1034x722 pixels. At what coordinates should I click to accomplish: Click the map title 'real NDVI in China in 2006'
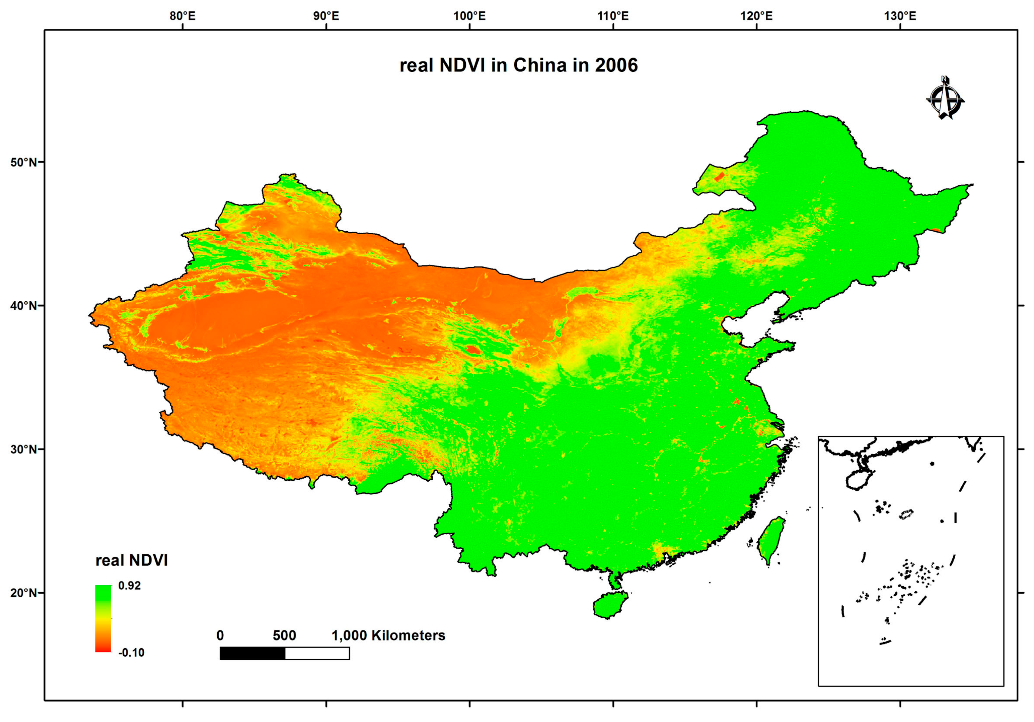pyautogui.click(x=518, y=65)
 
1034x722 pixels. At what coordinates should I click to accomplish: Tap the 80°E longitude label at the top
pyautogui.click(x=182, y=16)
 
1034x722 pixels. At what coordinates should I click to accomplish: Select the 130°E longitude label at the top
pyautogui.click(x=900, y=16)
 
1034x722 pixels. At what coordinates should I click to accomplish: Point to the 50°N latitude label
pyautogui.click(x=24, y=162)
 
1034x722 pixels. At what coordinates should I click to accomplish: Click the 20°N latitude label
pyautogui.click(x=24, y=593)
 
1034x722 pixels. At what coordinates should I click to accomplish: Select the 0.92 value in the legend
pyautogui.click(x=129, y=586)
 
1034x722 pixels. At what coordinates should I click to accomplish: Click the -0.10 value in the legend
pyautogui.click(x=131, y=653)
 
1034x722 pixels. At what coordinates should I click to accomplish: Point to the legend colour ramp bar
pyautogui.click(x=103, y=618)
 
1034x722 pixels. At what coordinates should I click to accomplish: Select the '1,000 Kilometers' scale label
pyautogui.click(x=388, y=636)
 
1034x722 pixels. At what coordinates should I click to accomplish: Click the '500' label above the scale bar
pyautogui.click(x=284, y=636)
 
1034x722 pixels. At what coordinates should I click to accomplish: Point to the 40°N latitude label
pyautogui.click(x=24, y=306)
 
